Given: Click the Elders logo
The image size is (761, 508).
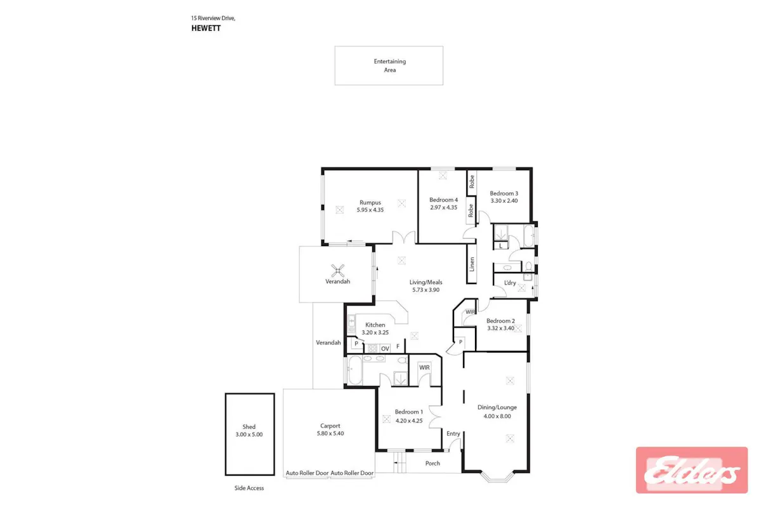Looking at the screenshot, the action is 692,471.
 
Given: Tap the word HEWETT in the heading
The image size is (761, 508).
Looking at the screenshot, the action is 206,28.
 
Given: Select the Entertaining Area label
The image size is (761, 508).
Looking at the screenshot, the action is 389,65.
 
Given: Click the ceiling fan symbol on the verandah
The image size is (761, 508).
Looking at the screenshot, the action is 337,271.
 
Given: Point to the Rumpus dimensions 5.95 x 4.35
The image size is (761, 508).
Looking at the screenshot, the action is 370,210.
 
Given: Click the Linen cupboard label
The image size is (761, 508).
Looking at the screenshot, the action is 472,264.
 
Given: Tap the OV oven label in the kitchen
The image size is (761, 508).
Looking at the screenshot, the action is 385,349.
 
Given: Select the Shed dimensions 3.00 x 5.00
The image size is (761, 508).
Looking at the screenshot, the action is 249,434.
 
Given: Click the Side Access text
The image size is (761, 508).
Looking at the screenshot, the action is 249,488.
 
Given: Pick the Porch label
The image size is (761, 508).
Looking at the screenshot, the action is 433,463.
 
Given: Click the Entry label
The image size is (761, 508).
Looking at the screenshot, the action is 453,434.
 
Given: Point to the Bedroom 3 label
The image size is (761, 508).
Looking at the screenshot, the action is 504,193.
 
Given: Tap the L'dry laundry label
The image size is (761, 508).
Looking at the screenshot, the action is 510,283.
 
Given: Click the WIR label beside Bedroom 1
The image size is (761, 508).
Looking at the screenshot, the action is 424,367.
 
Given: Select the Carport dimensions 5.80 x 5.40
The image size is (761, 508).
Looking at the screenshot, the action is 330,433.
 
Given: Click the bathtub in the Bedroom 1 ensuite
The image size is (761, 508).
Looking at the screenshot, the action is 355,370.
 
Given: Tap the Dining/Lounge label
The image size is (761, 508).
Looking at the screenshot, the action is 497,407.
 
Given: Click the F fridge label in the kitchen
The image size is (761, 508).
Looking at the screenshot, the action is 398,346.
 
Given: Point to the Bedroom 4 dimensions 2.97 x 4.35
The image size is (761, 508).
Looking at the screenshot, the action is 443,207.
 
